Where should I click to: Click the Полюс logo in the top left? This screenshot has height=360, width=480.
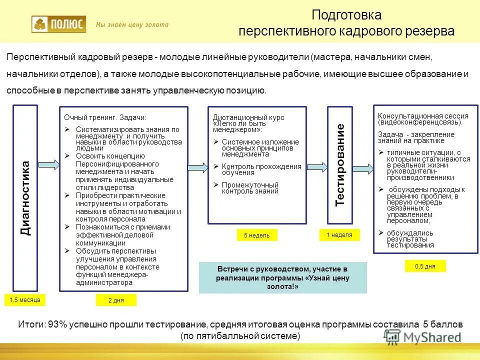click(x=58, y=24)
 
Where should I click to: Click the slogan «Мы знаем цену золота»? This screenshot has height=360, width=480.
click(x=132, y=24)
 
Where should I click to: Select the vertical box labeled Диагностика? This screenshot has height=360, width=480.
click(x=25, y=197)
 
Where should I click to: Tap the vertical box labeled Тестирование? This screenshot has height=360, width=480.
click(x=340, y=165)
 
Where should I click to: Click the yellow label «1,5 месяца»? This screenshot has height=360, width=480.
click(x=25, y=299)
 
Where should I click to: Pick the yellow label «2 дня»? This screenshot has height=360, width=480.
click(x=115, y=300)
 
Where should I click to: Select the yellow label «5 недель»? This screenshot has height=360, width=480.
click(x=256, y=235)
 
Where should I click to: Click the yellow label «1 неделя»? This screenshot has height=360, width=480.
click(x=339, y=234)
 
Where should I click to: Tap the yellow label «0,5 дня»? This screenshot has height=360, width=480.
click(x=425, y=266)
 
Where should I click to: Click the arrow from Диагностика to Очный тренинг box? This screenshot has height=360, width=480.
click(x=48, y=164)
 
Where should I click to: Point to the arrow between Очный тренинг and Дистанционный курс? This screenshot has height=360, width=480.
click(x=198, y=167)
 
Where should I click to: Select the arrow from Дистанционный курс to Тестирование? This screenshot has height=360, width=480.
click(x=317, y=167)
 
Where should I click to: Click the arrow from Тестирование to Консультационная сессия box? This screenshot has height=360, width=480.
click(x=363, y=168)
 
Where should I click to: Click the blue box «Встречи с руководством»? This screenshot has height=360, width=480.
click(x=282, y=277)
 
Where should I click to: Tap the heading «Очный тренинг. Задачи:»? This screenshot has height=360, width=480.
click(x=105, y=117)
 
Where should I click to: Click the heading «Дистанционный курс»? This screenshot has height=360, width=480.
click(x=248, y=117)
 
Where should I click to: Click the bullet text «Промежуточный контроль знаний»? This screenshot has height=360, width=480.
click(x=250, y=187)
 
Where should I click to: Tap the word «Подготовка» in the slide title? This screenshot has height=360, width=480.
click(x=346, y=15)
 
